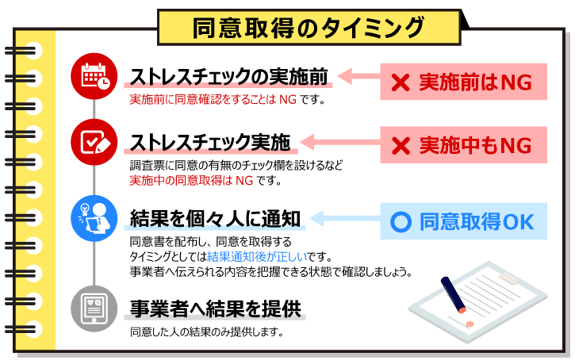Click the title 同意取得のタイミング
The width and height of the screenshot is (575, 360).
(x=309, y=28)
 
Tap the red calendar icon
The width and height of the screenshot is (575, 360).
(x=94, y=76)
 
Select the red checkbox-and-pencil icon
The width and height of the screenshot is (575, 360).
(x=94, y=142)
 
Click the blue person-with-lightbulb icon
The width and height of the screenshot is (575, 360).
(x=94, y=219)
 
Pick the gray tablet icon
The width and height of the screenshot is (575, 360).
(x=94, y=309)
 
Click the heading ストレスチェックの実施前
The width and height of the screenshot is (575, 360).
(x=229, y=77)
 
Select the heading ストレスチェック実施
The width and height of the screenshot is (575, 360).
(x=210, y=143)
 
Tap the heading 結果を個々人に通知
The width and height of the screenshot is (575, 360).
(x=216, y=219)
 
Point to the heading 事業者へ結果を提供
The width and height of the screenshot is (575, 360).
(x=216, y=308)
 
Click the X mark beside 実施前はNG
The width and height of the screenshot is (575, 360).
(x=401, y=82)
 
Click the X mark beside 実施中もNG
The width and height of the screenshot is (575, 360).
(x=401, y=146)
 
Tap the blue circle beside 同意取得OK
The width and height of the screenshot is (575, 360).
(x=401, y=222)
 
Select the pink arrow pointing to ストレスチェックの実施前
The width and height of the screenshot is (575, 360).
(x=358, y=76)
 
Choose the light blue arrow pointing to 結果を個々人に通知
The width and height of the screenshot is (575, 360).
(x=345, y=219)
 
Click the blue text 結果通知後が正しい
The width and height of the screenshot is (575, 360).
(x=257, y=257)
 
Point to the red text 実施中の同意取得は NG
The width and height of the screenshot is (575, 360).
(x=191, y=180)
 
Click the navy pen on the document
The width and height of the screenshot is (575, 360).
(x=453, y=295)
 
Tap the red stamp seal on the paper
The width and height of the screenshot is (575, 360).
(x=470, y=324)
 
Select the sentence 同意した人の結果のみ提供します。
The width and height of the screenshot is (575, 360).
(x=207, y=332)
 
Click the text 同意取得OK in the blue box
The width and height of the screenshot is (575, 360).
(x=477, y=222)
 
